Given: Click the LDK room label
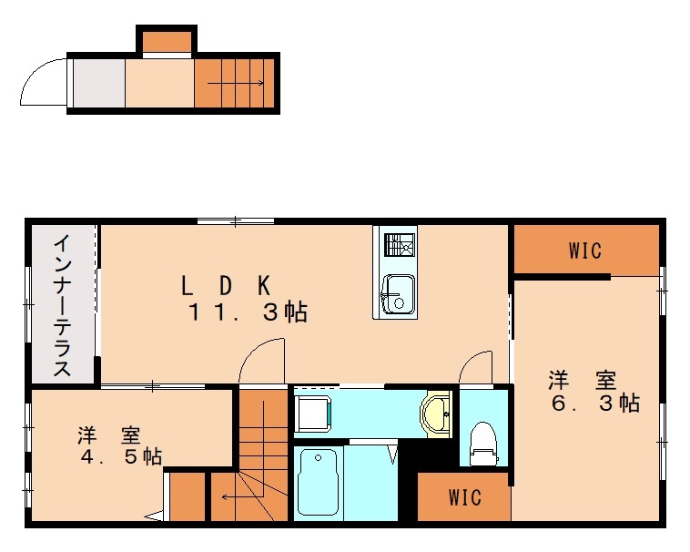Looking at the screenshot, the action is (226, 285).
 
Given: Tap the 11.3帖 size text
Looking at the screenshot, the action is (248, 312).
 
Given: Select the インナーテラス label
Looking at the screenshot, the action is (62, 305).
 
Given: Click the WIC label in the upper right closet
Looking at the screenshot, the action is (584, 250).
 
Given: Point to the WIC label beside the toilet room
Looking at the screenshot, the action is (464, 497).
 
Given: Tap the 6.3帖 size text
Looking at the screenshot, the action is (595, 404).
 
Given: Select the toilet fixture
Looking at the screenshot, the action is (483, 444).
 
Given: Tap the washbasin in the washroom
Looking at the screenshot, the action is (436, 414).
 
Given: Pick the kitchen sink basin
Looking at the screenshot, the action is (398, 294).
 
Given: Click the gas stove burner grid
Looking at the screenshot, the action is (400, 245).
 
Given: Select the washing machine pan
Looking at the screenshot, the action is (313, 414).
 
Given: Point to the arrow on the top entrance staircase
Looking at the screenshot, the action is (236, 83).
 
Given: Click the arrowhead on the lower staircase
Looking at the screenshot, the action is (225, 497).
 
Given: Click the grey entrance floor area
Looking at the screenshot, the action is (99, 83).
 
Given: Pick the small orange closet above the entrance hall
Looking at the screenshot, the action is (167, 42).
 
